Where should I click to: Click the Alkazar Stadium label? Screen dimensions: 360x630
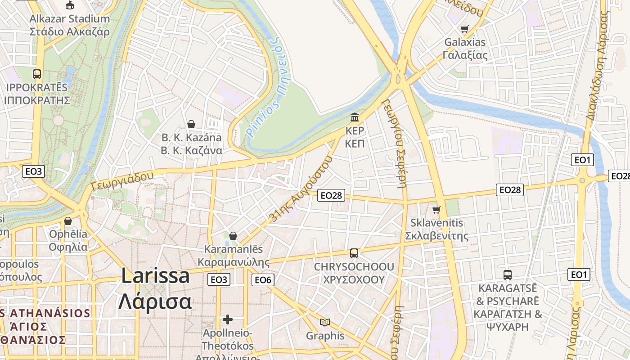[70, 19]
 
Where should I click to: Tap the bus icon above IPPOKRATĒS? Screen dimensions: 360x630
[37, 74]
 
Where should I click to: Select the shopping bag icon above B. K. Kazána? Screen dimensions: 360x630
[191, 124]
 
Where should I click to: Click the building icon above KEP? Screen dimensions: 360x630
[355, 117]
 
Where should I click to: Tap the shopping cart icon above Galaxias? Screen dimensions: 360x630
[465, 29]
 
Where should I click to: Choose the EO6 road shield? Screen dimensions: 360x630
[263, 280]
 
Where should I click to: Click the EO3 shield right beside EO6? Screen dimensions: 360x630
[219, 280]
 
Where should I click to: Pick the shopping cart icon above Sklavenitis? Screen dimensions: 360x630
[436, 210]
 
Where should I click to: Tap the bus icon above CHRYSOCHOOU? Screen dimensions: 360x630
[354, 253]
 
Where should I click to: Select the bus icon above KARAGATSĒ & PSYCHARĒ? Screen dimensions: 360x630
[508, 274]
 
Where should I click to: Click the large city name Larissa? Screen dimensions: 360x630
[155, 276]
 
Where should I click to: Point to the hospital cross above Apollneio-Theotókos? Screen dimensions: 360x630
[228, 319]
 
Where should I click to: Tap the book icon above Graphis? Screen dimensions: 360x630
[325, 322]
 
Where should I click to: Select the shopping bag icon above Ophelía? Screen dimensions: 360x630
[68, 221]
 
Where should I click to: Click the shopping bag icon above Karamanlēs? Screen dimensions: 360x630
[233, 236]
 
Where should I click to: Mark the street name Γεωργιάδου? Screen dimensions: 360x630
[122, 180]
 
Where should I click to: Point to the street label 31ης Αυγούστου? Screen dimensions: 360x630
[301, 189]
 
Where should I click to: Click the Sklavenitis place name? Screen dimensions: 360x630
[436, 223]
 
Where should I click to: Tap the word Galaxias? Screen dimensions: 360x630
[465, 42]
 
